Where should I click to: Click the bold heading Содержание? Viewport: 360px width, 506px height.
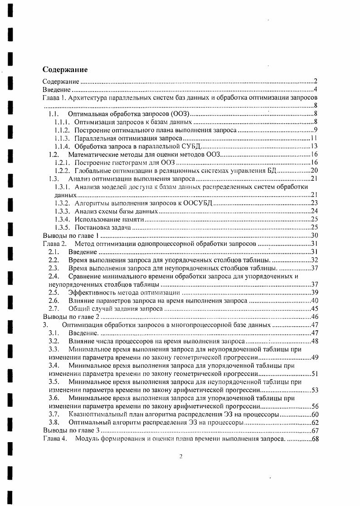pos(65,70)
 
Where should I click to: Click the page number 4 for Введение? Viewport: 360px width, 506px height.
pos(315,90)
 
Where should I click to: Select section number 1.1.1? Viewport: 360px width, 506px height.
pos(62,122)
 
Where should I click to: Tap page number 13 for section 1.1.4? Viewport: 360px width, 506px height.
pos(314,146)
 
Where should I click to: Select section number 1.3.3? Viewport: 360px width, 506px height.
pos(62,211)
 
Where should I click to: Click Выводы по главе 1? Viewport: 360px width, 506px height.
pos(70,236)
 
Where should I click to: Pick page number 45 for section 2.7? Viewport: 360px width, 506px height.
pos(314,308)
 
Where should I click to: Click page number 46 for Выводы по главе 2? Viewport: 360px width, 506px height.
pos(314,317)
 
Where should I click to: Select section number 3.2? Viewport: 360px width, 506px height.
pos(54,341)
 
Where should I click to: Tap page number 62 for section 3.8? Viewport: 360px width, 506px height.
pos(314,422)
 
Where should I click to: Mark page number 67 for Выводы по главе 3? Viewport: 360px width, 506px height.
pos(314,430)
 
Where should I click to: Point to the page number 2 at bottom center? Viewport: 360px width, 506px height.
pos(180,456)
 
